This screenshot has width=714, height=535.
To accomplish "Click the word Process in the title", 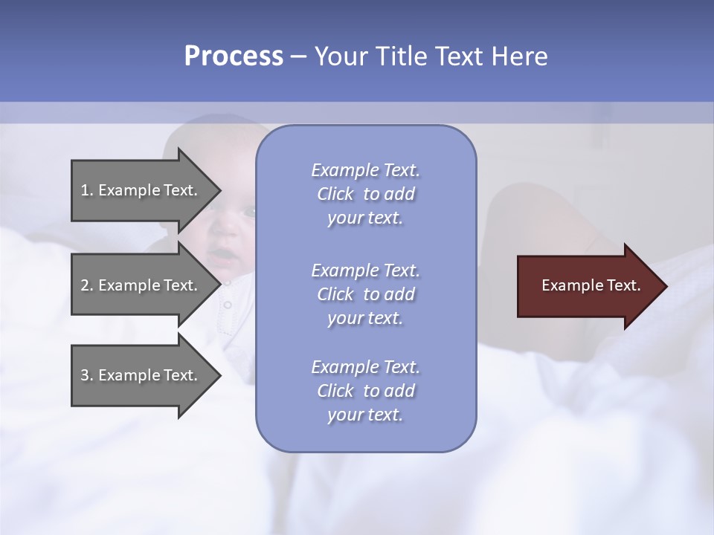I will point(234,56).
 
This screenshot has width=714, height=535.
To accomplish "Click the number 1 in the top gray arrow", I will point(85,190).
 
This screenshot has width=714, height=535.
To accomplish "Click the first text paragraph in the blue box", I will point(365,194).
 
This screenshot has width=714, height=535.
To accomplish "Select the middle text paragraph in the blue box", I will point(365,294).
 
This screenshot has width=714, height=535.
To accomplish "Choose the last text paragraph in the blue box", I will point(365,391).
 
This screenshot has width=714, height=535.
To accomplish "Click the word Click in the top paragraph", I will point(335,194).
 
